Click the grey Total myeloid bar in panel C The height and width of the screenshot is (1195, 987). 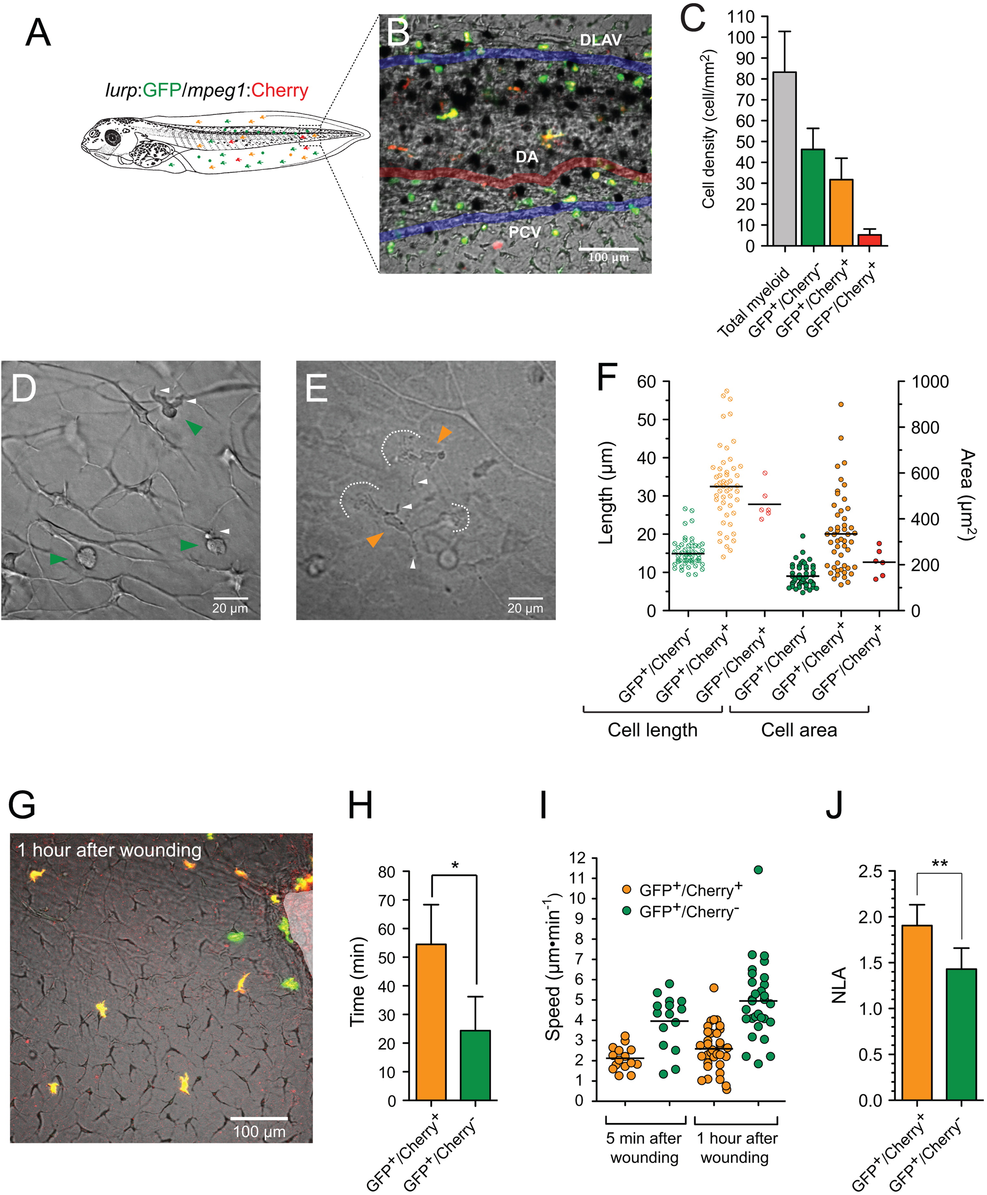(785, 159)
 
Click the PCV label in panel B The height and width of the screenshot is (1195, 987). (524, 232)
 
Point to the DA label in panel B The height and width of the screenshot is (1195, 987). (527, 157)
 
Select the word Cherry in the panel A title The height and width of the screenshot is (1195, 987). (280, 90)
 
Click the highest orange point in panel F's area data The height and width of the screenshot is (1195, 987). (840, 405)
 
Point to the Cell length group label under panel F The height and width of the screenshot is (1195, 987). (652, 730)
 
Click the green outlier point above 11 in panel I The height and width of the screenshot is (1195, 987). (758, 870)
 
